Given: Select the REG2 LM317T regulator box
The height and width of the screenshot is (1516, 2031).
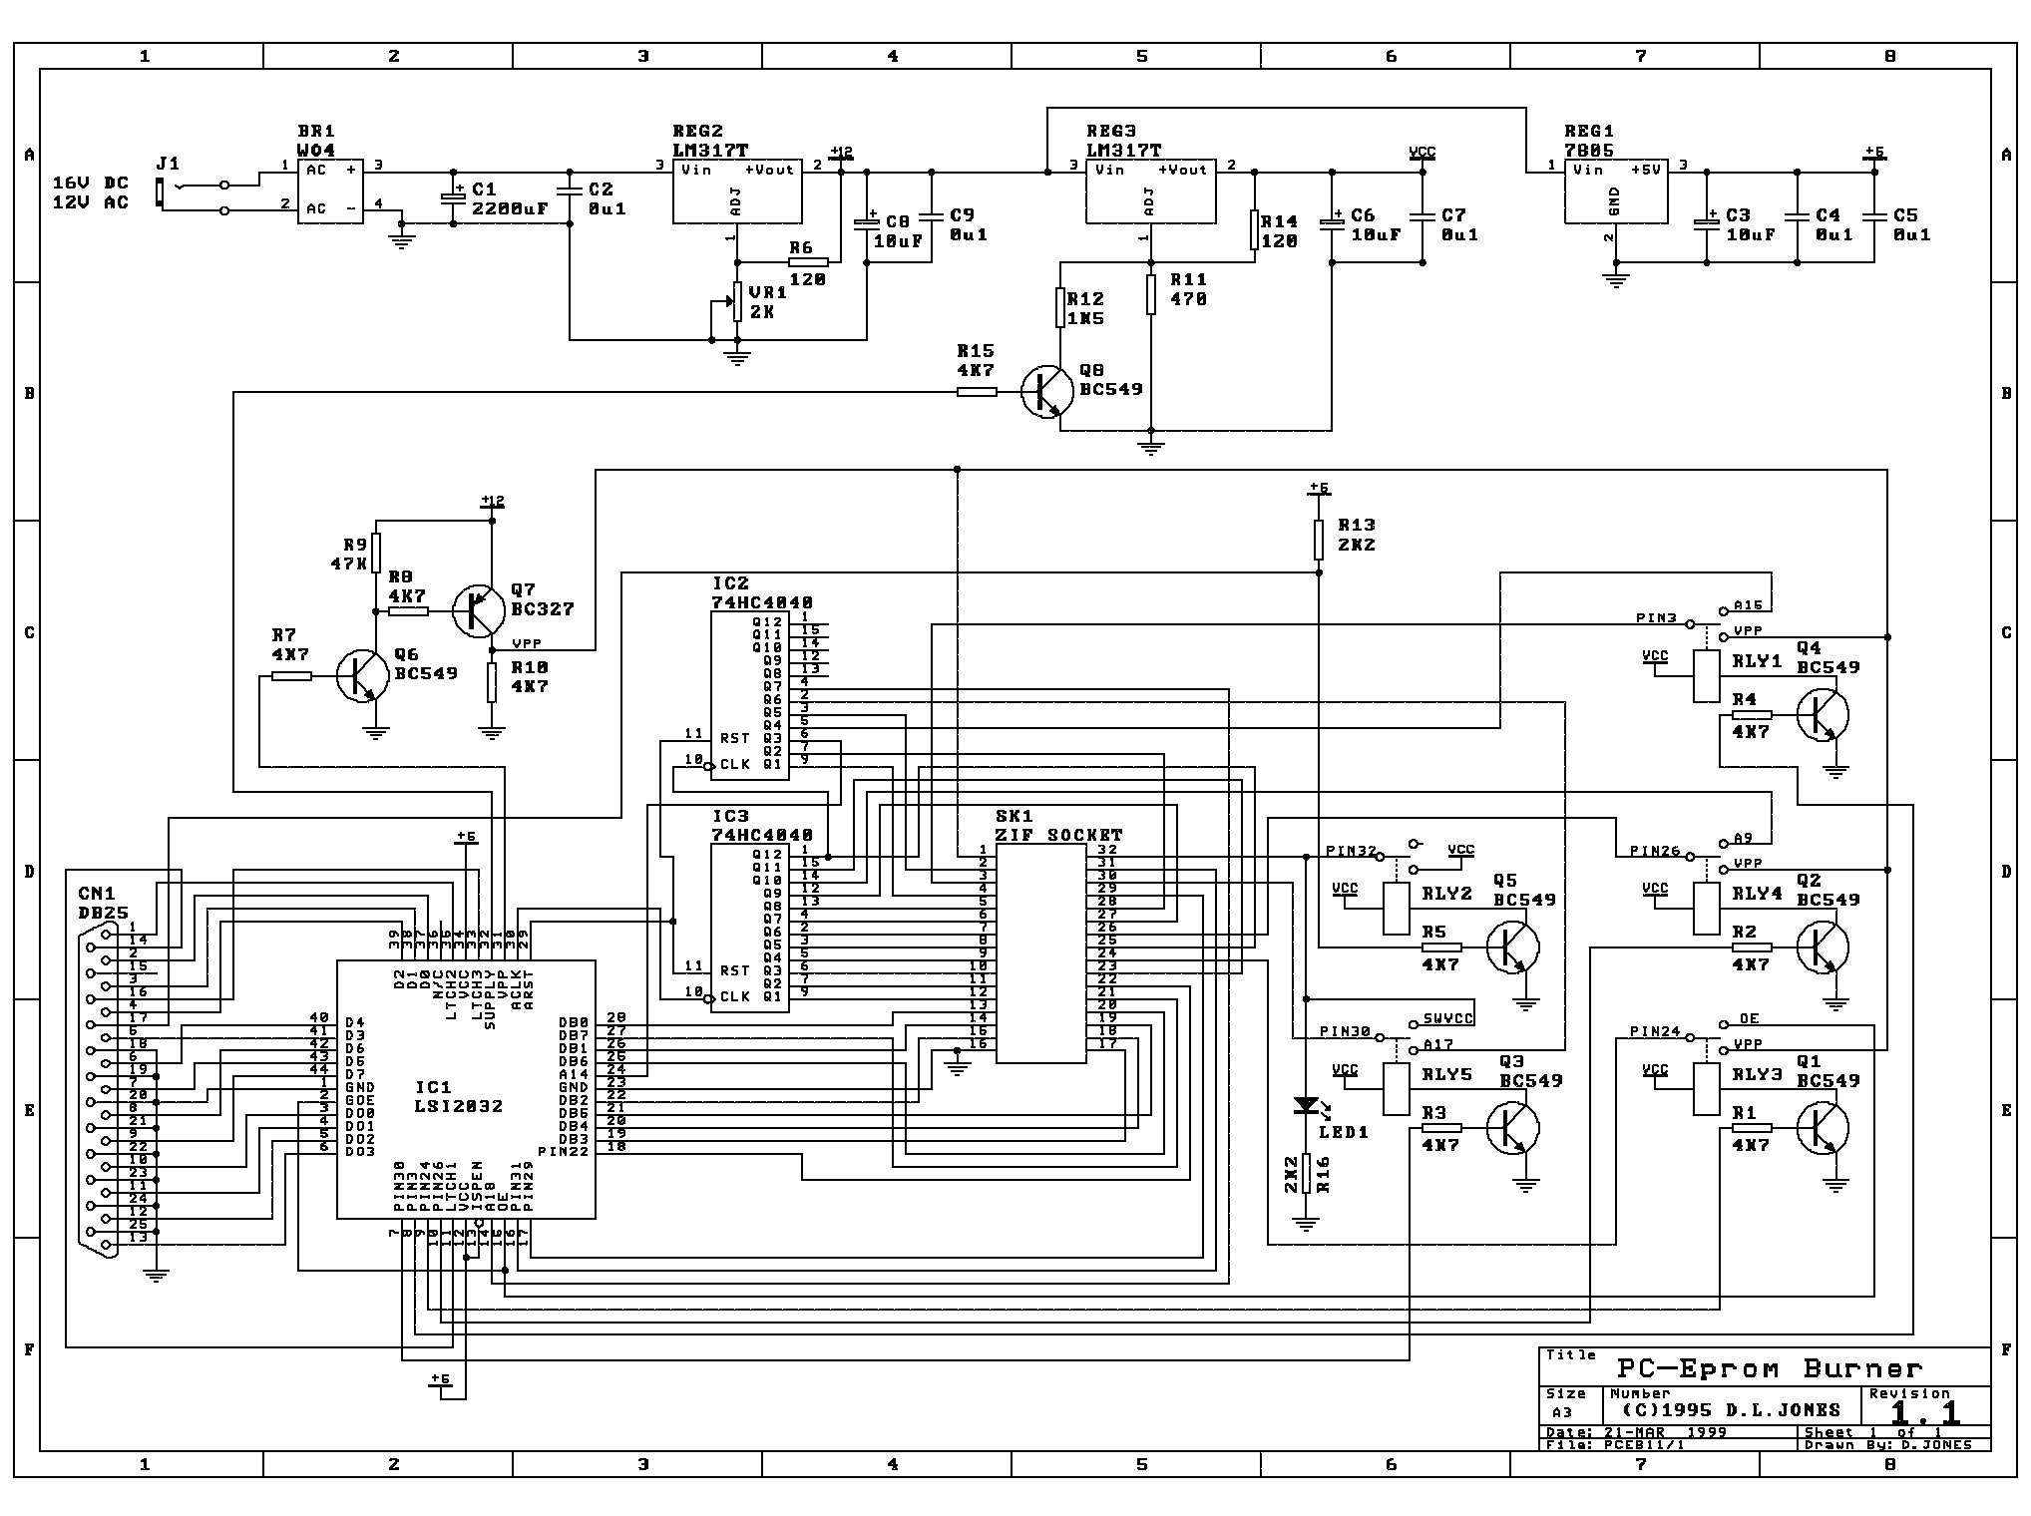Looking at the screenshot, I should tap(736, 190).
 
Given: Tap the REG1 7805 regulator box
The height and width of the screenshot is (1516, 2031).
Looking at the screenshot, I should tap(1614, 190).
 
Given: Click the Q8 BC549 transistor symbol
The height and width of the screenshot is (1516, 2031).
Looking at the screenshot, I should tap(1045, 392).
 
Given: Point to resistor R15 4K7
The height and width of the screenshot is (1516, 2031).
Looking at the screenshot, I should tap(977, 392).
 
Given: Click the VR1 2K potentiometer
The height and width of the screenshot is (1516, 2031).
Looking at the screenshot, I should tap(736, 301).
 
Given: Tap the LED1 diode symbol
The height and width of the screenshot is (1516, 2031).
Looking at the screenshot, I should tap(1306, 1106).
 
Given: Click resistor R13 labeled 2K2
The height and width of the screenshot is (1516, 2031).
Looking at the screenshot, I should tap(1319, 539).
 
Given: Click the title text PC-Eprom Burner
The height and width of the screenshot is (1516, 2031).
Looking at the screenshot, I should tap(1768, 1368).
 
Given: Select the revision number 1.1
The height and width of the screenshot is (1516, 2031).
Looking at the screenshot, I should tap(1924, 1411).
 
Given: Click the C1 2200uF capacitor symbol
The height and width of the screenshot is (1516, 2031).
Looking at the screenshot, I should tap(453, 197).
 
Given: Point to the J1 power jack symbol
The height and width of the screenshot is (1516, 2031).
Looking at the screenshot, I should tap(161, 192).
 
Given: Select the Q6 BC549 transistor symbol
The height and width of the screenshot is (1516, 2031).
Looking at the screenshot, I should tap(361, 676).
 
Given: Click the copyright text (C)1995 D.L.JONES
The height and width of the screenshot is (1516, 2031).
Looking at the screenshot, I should tap(1734, 1410).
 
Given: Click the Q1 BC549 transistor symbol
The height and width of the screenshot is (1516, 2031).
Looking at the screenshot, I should tap(1822, 1128).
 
